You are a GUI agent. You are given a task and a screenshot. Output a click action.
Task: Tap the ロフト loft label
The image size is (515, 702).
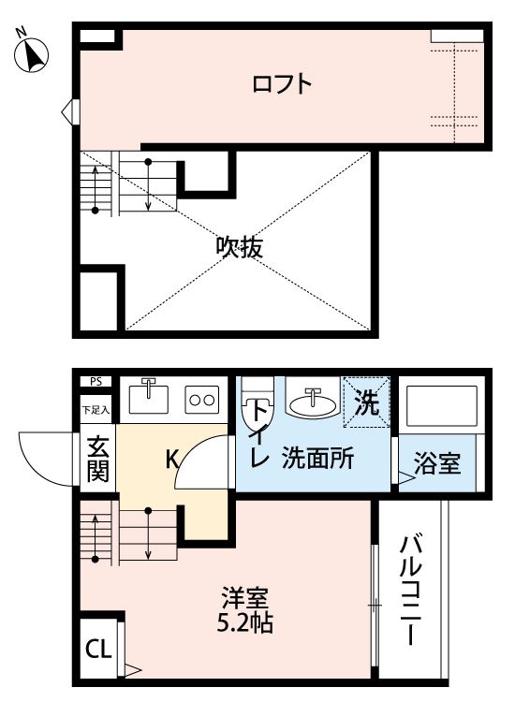point(281,85)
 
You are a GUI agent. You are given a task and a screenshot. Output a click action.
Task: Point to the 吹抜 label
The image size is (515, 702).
point(239,247)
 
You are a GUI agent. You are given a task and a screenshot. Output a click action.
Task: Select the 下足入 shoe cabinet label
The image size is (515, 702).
point(96,409)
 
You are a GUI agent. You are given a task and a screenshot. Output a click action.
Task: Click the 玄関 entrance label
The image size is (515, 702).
point(97,460)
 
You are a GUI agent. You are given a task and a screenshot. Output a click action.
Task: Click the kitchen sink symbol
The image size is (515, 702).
point(149,397)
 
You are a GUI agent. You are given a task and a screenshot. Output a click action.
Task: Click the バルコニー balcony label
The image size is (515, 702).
point(409,589)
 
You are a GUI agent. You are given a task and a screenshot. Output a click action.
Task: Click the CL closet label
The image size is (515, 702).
point(96,648)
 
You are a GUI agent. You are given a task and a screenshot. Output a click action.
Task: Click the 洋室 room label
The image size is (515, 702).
point(246,596)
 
